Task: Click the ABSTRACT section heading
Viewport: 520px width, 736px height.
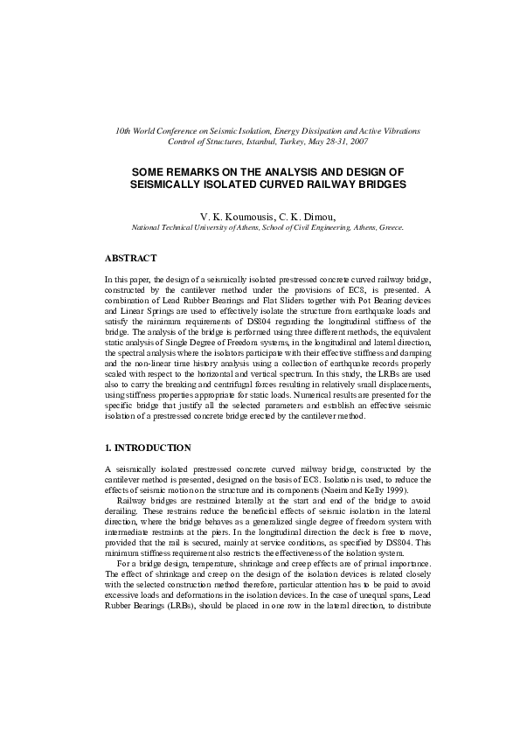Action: point(130,259)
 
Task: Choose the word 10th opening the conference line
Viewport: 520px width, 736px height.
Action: point(123,130)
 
